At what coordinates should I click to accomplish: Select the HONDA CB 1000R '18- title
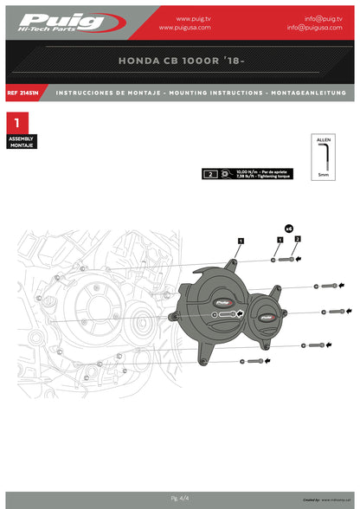pyautogui.click(x=180, y=62)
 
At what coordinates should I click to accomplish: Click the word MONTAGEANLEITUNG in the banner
pyautogui.click(x=308, y=92)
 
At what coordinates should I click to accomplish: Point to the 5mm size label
pyautogui.click(x=323, y=175)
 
